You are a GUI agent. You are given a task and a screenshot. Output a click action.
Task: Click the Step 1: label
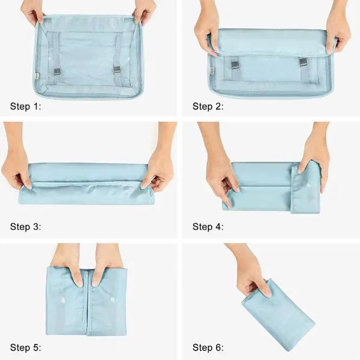tap(25, 107)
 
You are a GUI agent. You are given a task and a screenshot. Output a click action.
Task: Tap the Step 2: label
tap(208, 107)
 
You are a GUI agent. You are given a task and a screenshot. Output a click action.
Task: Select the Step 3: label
tap(25, 227)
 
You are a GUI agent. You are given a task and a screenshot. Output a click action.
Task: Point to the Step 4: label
tap(208, 227)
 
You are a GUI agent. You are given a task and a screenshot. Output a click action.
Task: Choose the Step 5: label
tap(25, 347)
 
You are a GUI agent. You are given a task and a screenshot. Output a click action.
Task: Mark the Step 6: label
tap(208, 347)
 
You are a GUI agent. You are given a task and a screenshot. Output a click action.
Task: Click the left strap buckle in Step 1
tap(57, 72)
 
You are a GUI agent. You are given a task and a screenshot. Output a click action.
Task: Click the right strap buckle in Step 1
tap(117, 70)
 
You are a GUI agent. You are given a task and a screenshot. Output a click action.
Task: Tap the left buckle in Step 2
tap(235, 65)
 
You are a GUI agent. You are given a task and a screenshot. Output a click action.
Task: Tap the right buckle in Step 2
tap(303, 62)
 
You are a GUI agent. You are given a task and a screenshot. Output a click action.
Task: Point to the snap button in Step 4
tap(308, 185)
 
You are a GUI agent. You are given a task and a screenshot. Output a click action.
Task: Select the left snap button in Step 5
tap(63, 300)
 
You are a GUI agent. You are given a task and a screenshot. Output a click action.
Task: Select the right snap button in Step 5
tap(112, 299)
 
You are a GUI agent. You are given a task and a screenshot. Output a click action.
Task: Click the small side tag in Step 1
tap(37, 76)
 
